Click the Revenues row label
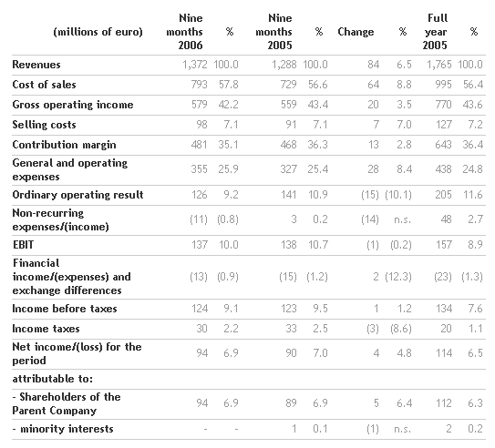coord(36,65)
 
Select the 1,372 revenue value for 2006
coord(195,65)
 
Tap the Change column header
coord(356,32)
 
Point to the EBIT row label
coord(23,245)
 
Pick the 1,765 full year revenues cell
coord(439,65)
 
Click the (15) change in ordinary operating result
coord(370,195)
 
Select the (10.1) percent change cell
coord(398,195)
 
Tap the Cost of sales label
coord(44,85)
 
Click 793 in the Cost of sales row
coord(200,85)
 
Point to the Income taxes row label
coord(46,329)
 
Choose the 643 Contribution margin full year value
coord(443,145)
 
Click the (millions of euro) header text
coord(98,32)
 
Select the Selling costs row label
coord(44,125)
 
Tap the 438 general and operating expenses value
coord(443,169)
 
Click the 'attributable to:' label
coord(53,379)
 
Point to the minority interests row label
coord(63,429)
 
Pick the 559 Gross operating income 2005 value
coord(289,105)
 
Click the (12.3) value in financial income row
coord(398,277)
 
